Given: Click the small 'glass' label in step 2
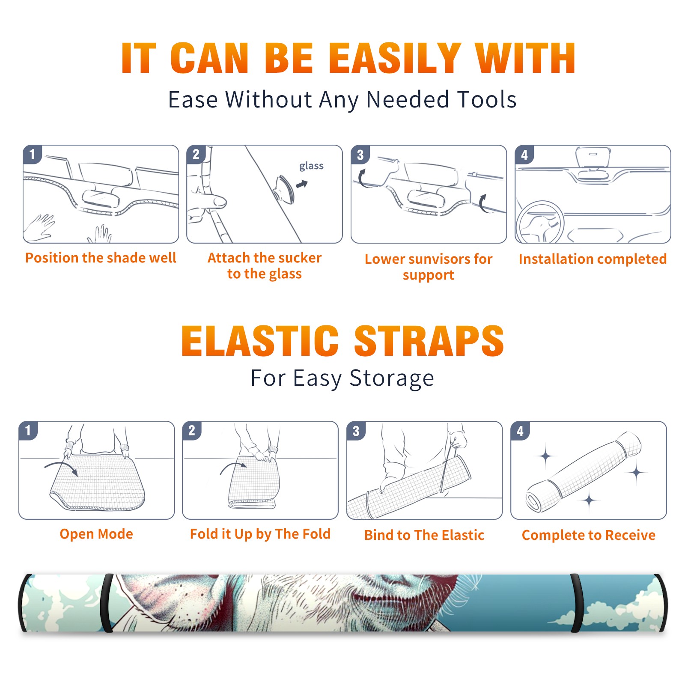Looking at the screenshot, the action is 311,166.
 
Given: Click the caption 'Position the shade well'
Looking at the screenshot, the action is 101,258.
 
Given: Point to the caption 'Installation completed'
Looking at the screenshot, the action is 593,259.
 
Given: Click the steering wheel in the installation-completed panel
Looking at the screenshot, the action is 540,222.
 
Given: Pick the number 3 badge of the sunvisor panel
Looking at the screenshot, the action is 360,155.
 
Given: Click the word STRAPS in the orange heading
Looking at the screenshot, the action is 429,341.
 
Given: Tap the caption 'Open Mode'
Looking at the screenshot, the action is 96,534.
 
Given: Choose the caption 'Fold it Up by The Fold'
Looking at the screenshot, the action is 260,534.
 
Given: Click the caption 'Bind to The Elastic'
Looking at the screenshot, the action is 424,535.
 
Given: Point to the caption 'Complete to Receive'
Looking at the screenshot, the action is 589,535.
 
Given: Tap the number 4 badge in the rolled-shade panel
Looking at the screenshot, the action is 520,431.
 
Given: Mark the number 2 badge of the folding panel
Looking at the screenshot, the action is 192,430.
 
